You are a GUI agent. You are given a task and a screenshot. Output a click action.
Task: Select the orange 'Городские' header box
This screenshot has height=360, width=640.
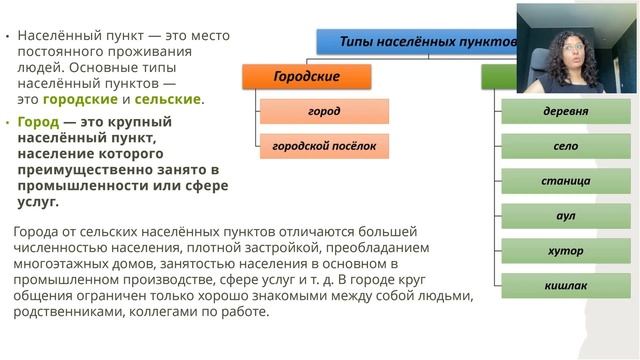coord(307,77)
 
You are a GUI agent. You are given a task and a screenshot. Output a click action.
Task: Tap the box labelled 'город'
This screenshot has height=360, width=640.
coord(324,111)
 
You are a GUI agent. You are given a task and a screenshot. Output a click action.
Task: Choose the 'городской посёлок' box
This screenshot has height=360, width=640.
coord(324,146)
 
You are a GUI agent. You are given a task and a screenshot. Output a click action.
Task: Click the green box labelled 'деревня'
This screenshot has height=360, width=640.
coord(565,111)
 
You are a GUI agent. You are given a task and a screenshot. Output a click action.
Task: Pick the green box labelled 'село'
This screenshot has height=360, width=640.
coord(565,146)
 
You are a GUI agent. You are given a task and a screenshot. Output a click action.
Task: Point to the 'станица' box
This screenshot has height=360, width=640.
coord(565,181)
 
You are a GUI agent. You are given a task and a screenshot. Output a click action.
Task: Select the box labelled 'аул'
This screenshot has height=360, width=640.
coord(565,216)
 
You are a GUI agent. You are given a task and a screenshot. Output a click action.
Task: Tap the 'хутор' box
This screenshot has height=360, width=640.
coord(565,251)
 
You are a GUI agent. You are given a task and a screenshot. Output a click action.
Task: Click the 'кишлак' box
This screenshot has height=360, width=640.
coord(565,286)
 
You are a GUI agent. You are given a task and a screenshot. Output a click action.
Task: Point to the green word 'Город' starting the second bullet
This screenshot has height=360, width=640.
coord(39,122)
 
